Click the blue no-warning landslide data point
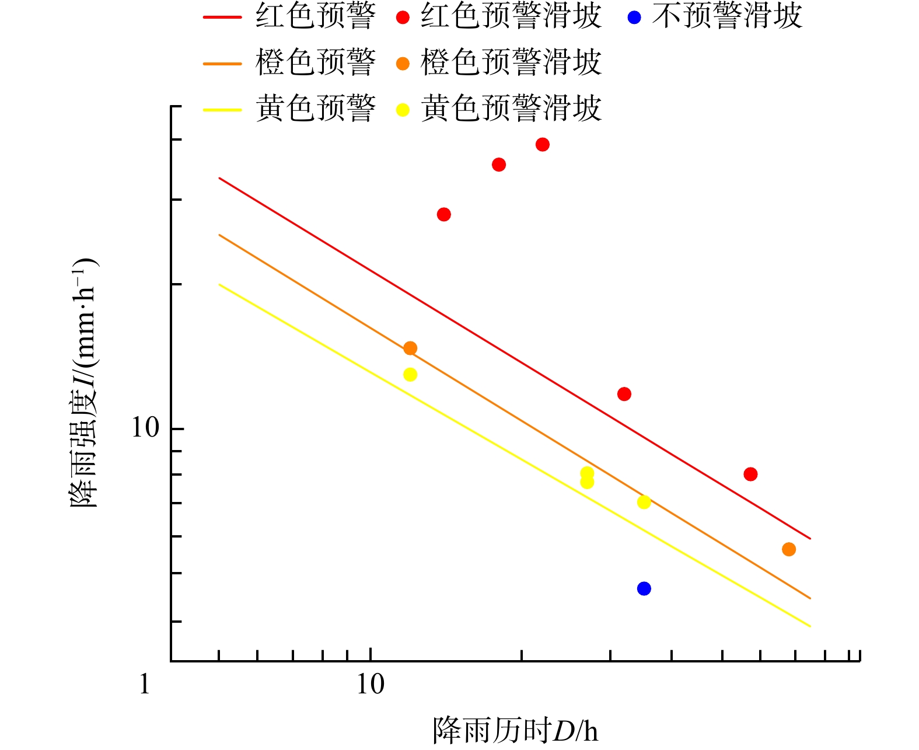(644, 588)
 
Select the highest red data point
(542, 144)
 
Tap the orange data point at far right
(788, 549)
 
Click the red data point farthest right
(750, 474)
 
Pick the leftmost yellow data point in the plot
(410, 374)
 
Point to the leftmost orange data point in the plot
(410, 348)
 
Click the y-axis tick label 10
(145, 428)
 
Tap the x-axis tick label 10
(371, 685)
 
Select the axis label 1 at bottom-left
(145, 685)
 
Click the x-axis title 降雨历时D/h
(515, 730)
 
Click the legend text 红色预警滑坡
(511, 16)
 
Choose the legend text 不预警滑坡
(727, 16)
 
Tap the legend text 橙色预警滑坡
(511, 62)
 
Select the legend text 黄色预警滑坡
(511, 109)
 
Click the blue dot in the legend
(634, 18)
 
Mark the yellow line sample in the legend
(222, 109)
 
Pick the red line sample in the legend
(222, 17)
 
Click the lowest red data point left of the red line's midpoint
(443, 214)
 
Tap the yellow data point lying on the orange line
(644, 502)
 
